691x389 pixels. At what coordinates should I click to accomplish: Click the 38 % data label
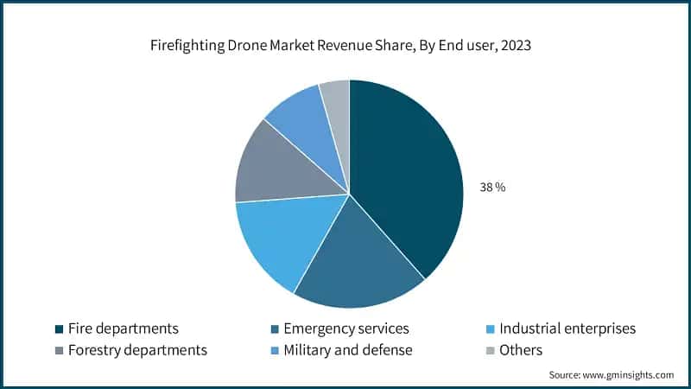click(492, 188)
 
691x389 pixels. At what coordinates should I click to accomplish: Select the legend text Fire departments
click(123, 328)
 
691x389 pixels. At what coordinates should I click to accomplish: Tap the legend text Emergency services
click(345, 328)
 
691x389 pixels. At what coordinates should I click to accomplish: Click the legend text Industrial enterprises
click(567, 328)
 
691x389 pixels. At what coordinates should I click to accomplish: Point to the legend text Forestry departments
click(137, 350)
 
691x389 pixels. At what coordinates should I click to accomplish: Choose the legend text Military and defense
click(347, 350)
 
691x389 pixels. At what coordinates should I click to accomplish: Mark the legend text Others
click(521, 350)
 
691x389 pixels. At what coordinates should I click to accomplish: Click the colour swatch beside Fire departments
click(59, 329)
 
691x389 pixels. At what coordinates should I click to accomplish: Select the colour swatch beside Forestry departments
click(59, 351)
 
